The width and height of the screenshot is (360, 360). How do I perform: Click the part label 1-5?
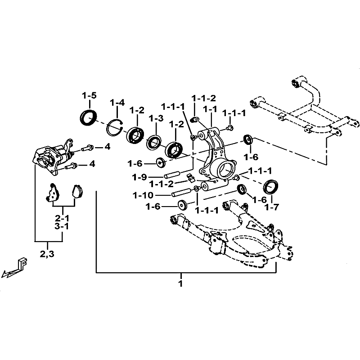(89, 95)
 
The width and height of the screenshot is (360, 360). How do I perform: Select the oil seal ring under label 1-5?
(88, 117)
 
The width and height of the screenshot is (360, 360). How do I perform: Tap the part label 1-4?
(117, 103)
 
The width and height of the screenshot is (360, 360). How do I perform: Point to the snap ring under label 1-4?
(115, 127)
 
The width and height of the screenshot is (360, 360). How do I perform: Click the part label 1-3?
(156, 118)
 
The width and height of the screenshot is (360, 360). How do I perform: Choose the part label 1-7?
(271, 207)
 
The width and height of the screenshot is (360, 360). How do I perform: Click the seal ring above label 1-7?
(270, 187)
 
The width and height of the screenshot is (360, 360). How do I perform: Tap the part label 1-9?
(139, 177)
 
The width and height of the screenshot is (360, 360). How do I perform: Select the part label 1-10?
(143, 195)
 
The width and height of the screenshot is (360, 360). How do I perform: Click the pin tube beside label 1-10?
(181, 193)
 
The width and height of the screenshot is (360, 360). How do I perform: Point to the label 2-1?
(62, 218)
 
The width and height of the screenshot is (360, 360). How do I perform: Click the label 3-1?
(62, 226)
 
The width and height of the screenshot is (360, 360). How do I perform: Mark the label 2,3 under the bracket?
(47, 254)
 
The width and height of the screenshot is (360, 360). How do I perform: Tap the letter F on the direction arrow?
(22, 264)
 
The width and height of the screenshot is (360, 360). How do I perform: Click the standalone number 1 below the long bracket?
(181, 283)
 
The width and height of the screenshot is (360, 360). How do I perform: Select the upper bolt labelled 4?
(87, 148)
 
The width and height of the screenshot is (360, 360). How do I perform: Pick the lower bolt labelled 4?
(72, 166)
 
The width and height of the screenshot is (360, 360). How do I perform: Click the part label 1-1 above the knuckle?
(210, 109)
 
